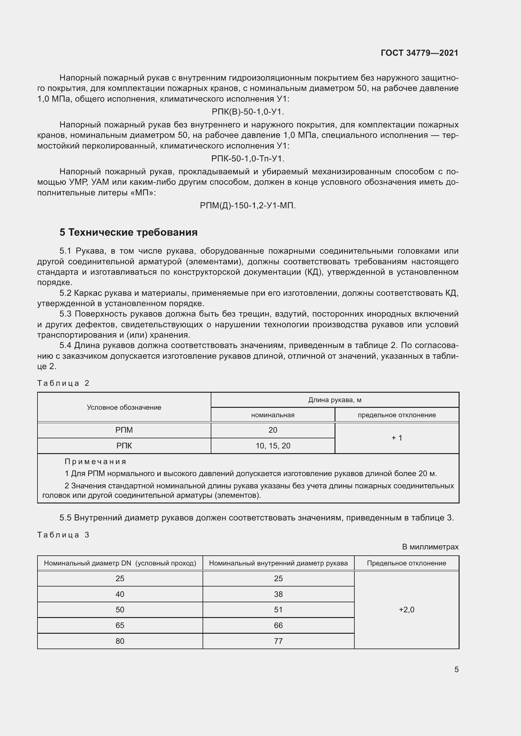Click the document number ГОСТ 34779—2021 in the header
(419, 53)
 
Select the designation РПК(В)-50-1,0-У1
(248, 112)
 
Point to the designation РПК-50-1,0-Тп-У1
(248, 159)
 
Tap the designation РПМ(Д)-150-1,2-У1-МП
(248, 205)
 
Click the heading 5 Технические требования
(128, 232)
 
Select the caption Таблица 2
(63, 383)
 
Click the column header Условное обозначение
(124, 407)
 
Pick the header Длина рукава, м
(335, 400)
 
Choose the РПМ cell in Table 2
(124, 430)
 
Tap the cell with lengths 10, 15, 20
(273, 446)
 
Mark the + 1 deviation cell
(397, 438)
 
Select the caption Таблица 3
(63, 535)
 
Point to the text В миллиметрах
(430, 547)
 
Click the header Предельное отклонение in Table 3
(406, 563)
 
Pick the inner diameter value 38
(278, 594)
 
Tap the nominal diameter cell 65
(120, 626)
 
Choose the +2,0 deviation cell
(406, 610)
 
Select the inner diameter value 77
(278, 641)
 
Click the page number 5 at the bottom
(456, 669)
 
